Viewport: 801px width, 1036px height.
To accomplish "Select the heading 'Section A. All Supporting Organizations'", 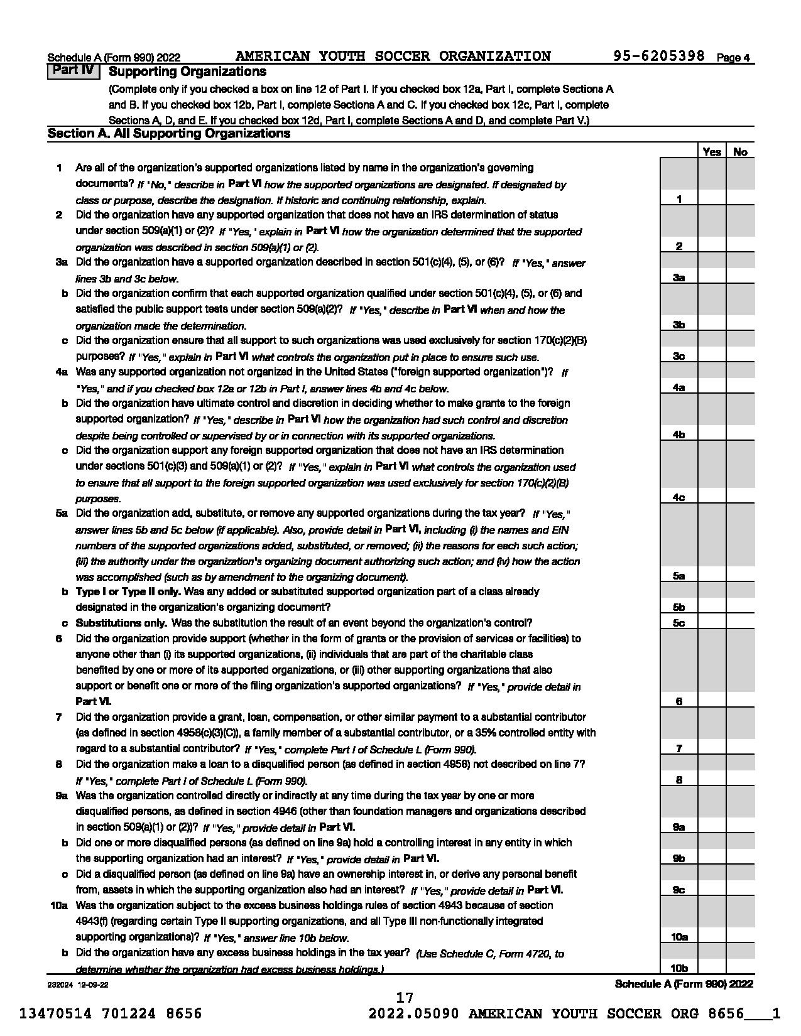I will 169,134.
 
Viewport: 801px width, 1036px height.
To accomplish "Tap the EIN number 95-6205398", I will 659,57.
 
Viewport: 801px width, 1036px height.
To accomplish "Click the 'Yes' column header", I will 712,151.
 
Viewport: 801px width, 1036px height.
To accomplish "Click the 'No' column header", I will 740,151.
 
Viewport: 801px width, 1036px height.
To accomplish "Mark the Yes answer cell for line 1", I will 712,198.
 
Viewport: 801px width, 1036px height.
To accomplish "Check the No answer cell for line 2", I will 740,246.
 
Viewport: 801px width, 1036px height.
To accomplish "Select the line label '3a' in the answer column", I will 678,278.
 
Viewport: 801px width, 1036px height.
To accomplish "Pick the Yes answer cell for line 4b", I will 712,434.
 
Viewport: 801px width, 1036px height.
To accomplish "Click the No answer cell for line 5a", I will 740,575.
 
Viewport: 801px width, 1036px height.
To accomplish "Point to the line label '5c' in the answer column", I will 678,623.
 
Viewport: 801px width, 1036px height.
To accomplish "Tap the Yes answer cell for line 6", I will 712,701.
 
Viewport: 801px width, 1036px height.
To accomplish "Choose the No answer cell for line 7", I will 740,748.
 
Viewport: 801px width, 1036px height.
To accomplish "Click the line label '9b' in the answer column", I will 678,858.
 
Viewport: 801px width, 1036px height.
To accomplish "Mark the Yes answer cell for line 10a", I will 712,936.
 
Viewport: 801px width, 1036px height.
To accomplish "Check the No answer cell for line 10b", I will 740,968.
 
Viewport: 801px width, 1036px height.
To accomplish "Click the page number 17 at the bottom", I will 405,998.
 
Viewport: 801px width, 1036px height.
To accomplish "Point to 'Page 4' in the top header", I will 733,58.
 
